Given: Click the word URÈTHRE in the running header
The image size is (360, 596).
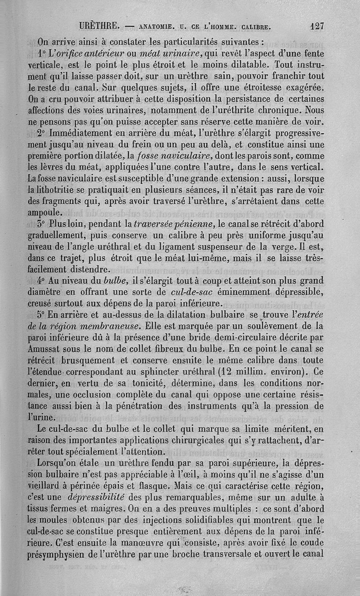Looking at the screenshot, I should (99, 26).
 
